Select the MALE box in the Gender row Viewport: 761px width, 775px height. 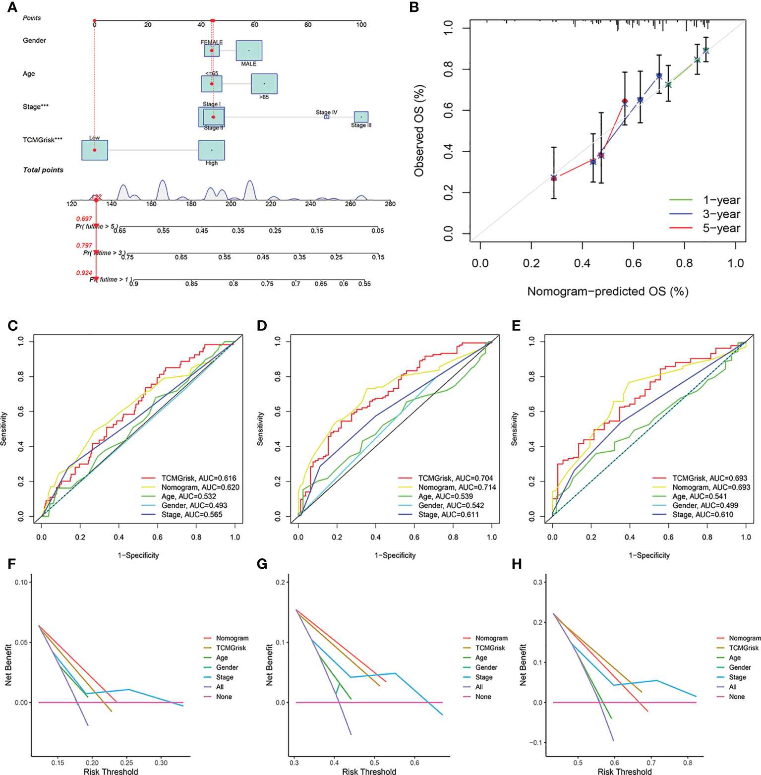point(249,51)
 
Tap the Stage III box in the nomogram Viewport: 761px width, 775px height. point(361,117)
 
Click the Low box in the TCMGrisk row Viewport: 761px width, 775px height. point(95,150)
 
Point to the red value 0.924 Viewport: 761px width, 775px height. point(84,273)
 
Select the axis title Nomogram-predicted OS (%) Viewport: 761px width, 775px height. point(607,291)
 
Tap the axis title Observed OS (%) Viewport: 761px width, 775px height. point(419,131)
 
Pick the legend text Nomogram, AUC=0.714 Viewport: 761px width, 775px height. point(457,487)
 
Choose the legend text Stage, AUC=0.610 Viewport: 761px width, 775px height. point(702,514)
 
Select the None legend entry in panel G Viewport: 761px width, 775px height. point(483,697)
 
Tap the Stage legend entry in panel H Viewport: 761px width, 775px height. point(737,677)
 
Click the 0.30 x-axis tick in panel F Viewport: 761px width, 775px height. point(161,763)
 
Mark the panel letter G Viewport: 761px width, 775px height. point(262,564)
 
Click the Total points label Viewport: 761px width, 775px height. point(43,170)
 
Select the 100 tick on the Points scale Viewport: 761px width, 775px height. point(361,24)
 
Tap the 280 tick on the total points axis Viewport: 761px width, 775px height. point(390,204)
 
